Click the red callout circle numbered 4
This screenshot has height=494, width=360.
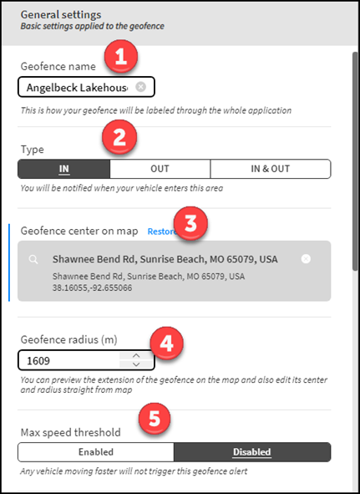[x=168, y=344]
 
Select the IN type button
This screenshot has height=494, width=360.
[x=63, y=169]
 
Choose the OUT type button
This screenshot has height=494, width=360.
[x=160, y=169]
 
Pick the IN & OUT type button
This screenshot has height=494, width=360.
[x=270, y=169]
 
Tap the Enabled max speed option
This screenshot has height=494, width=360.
[x=95, y=452]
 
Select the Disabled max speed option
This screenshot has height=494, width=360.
[x=252, y=452]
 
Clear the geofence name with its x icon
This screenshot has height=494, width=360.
[x=141, y=87]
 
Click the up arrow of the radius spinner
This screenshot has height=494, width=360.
[x=137, y=355]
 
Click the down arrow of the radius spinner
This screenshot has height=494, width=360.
[x=137, y=365]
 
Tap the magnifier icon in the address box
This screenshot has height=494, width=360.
[x=33, y=259]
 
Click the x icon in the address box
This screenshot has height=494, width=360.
[x=306, y=259]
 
